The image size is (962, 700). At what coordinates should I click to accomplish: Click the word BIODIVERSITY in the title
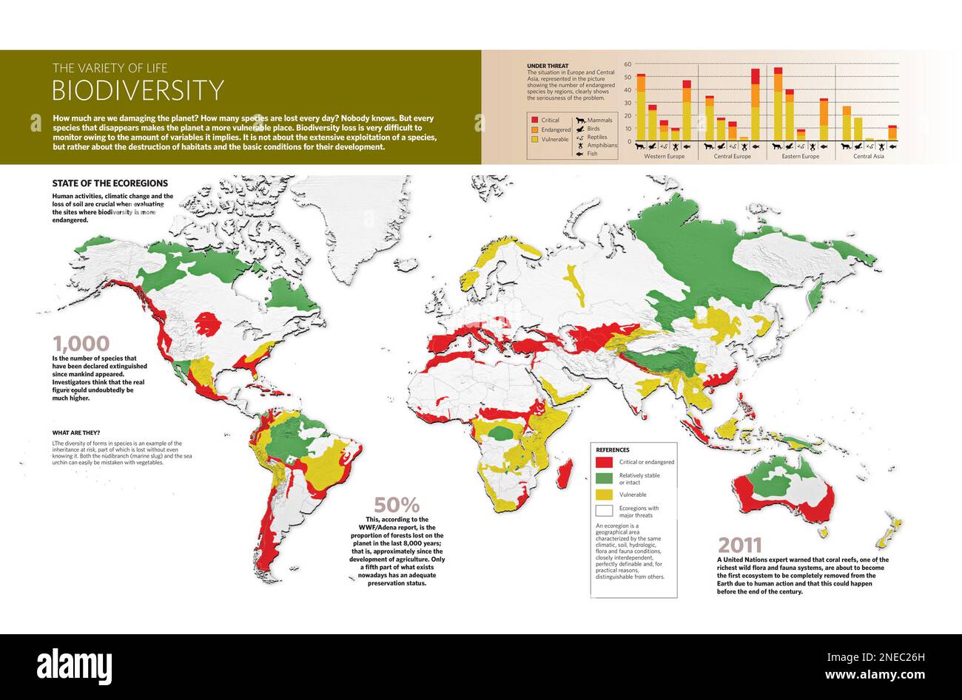[x=138, y=90]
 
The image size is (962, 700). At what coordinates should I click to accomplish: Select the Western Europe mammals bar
[x=641, y=107]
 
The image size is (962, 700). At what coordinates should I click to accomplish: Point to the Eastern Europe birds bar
[x=790, y=115]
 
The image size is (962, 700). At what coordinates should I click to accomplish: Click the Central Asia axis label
[x=868, y=157]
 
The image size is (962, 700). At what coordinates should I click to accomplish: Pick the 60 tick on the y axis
[x=628, y=65]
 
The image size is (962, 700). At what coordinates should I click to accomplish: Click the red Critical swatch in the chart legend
[x=534, y=120]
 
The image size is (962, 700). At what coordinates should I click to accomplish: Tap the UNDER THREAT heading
[x=548, y=66]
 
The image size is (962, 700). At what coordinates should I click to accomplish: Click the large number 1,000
[x=81, y=344]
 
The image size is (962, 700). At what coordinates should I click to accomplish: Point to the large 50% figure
[x=397, y=506]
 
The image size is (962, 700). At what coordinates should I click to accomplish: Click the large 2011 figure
[x=740, y=546]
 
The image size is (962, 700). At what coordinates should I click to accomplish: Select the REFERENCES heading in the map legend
[x=613, y=449]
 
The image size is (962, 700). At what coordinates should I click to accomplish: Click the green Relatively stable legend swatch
[x=605, y=479]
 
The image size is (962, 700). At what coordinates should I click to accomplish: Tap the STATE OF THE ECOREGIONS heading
[x=110, y=183]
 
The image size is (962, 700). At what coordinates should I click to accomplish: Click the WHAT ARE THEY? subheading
[x=76, y=432]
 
